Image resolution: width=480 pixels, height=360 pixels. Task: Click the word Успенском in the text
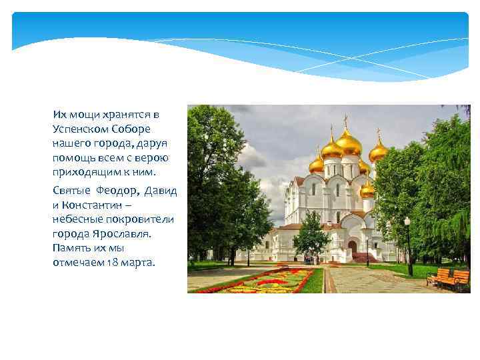[x=80, y=129]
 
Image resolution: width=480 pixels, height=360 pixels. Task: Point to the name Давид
[x=161, y=191]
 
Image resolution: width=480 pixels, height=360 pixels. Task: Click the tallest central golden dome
[x=348, y=142]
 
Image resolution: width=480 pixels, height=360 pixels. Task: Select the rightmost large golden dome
[x=379, y=152]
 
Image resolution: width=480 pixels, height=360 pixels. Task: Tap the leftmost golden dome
[x=317, y=164]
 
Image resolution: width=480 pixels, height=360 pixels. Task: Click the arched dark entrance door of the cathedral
[x=352, y=247]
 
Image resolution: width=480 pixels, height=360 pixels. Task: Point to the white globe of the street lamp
[x=407, y=221]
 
